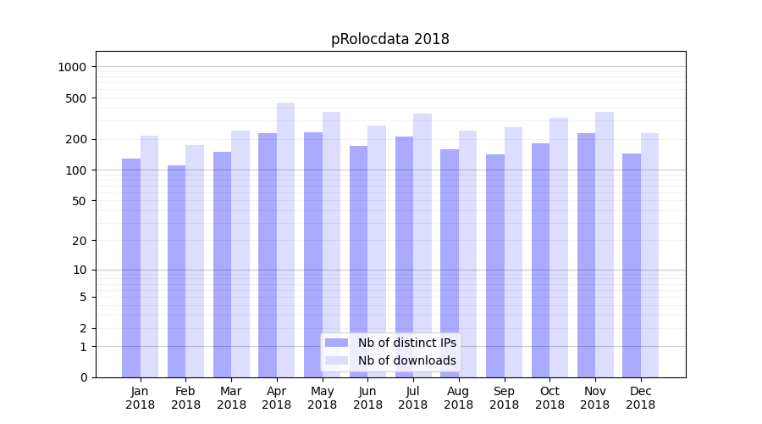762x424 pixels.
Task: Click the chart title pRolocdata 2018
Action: click(389, 40)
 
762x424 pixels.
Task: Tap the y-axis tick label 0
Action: click(84, 377)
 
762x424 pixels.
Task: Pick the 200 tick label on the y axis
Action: click(77, 139)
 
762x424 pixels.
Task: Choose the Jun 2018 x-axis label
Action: click(367, 398)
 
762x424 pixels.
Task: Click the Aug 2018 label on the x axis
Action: click(458, 398)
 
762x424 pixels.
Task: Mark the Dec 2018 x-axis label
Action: click(640, 398)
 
